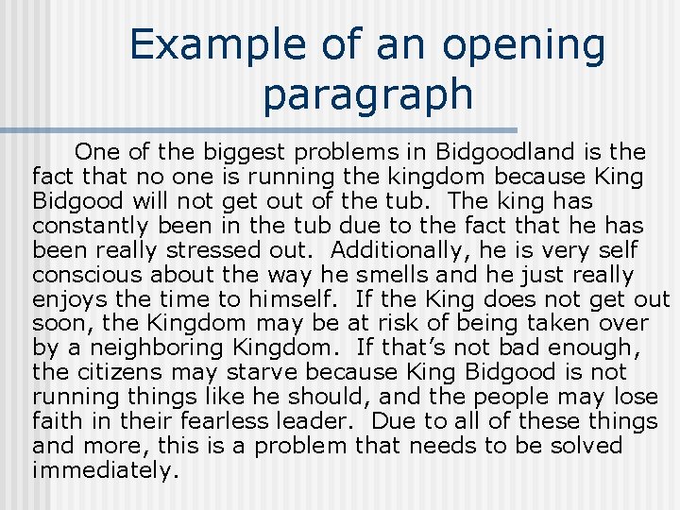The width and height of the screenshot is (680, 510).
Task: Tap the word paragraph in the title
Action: [367, 94]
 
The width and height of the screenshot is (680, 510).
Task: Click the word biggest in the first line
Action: [244, 151]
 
